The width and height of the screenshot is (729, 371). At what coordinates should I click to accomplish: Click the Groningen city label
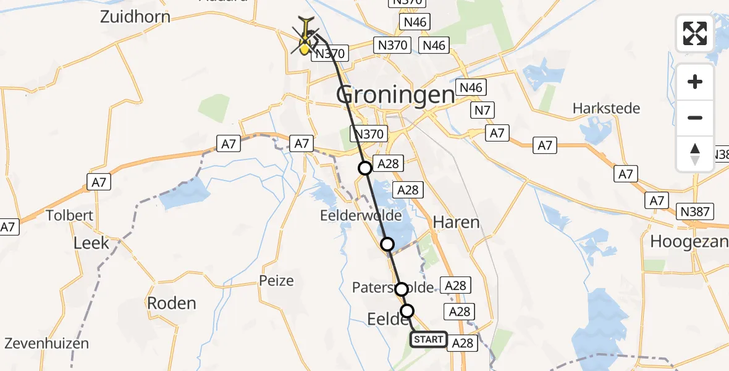(395, 95)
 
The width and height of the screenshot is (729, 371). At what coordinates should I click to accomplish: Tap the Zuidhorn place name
(135, 16)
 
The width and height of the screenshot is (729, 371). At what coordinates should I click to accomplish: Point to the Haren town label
(457, 222)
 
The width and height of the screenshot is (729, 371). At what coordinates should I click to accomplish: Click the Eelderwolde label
(361, 216)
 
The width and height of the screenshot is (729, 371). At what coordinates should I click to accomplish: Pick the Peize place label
(277, 281)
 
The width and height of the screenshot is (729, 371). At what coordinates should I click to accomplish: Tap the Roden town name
(172, 304)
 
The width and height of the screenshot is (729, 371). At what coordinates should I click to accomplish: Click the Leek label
(91, 242)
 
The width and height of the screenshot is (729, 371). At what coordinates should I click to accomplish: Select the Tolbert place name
(70, 216)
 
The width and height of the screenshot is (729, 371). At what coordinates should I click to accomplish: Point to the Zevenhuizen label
(47, 343)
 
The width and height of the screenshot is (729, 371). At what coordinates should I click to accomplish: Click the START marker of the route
(428, 339)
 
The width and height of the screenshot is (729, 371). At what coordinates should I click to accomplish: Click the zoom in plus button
(695, 82)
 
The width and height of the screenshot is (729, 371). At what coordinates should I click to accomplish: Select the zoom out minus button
(695, 117)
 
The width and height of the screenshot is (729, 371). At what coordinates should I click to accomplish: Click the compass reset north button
(695, 153)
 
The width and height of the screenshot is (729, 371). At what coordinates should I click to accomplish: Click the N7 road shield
(480, 111)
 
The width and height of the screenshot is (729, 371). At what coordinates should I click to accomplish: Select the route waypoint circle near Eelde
(407, 310)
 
